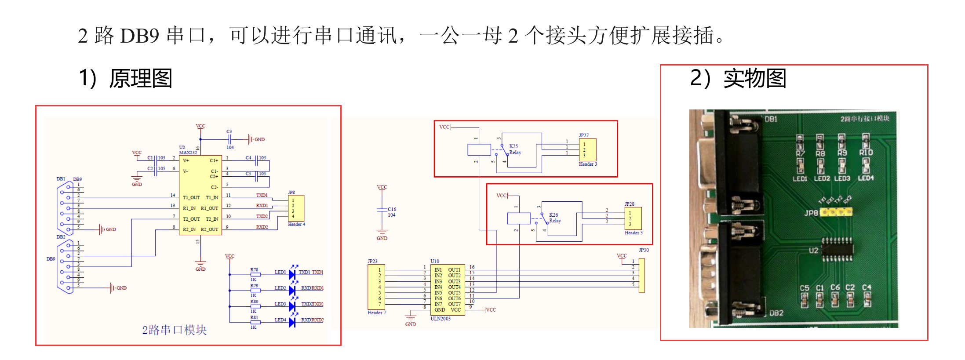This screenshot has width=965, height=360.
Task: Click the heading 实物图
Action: [x=754, y=78]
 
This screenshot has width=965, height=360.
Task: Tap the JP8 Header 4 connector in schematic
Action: [x=296, y=208]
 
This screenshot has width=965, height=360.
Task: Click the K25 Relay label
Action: [x=515, y=149]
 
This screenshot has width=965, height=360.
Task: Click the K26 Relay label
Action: [x=555, y=218]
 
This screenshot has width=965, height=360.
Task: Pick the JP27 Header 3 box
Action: [x=587, y=150]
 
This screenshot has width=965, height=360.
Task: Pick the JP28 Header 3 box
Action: [x=633, y=218]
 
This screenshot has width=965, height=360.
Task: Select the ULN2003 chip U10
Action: [x=448, y=289]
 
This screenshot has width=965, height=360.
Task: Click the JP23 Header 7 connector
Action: [x=376, y=287]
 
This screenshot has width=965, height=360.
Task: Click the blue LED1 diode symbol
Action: [x=292, y=274]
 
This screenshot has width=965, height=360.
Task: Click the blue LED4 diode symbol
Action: [x=292, y=322]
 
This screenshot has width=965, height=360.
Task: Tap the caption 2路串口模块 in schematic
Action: [x=174, y=330]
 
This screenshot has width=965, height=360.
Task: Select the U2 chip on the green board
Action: [x=837, y=250]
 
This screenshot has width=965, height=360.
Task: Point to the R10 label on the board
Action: [x=866, y=153]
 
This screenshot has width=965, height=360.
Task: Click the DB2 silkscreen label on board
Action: [x=776, y=313]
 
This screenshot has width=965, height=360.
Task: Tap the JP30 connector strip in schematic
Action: [x=642, y=276]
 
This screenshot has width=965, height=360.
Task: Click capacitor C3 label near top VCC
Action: [x=229, y=131]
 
